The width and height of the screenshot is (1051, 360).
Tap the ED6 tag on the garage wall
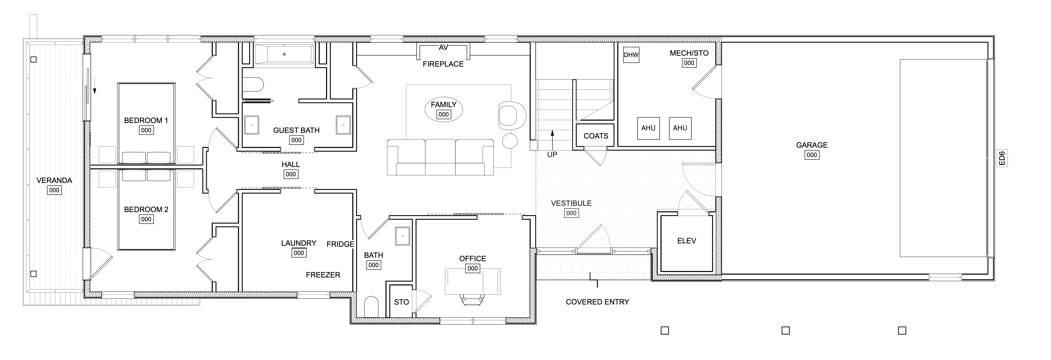1002,158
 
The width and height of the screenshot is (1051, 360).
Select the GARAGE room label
812,145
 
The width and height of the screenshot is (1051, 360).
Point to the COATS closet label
596,136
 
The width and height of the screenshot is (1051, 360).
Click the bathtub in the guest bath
284,54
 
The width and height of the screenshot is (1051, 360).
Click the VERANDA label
54,180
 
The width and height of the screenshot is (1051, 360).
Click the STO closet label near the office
401,302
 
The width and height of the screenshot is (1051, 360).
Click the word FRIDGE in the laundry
340,244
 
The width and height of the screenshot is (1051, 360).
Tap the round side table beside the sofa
510,141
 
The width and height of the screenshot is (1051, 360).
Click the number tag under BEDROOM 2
146,219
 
